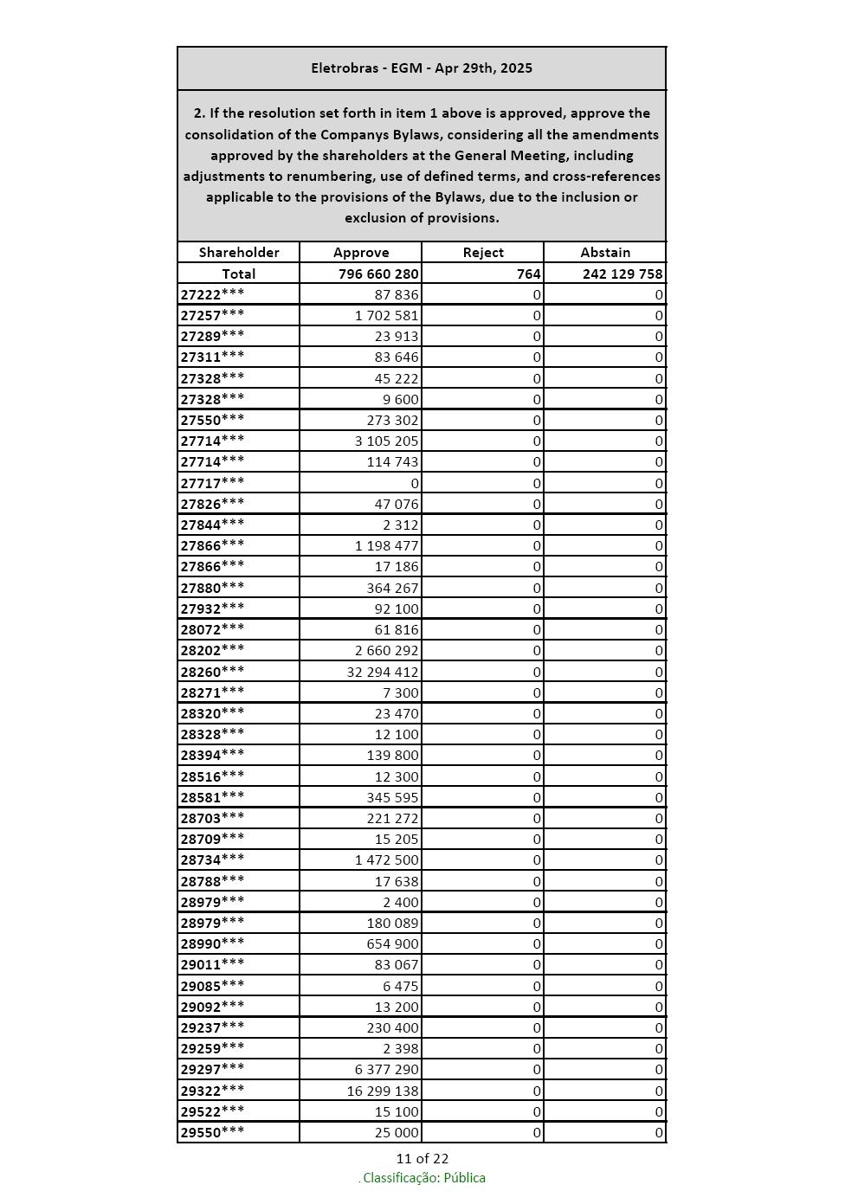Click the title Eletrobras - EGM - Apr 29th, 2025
pyautogui.click(x=422, y=68)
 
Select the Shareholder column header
pyautogui.click(x=239, y=253)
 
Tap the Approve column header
pyautogui.click(x=361, y=253)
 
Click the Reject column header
pyautogui.click(x=483, y=253)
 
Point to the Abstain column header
pyautogui.click(x=605, y=253)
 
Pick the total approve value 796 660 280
pyautogui.click(x=378, y=274)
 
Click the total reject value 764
pyautogui.click(x=529, y=274)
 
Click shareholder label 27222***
pyautogui.click(x=212, y=294)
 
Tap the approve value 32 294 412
pyautogui.click(x=383, y=672)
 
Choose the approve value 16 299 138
pyautogui.click(x=383, y=1091)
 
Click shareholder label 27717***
pyautogui.click(x=212, y=483)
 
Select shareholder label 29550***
pyautogui.click(x=212, y=1132)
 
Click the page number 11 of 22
pyautogui.click(x=422, y=1158)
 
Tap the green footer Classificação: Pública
pyautogui.click(x=423, y=1178)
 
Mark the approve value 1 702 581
pyautogui.click(x=386, y=315)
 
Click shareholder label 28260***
pyautogui.click(x=212, y=672)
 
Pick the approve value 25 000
pyautogui.click(x=397, y=1132)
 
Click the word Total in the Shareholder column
pyautogui.click(x=239, y=274)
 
